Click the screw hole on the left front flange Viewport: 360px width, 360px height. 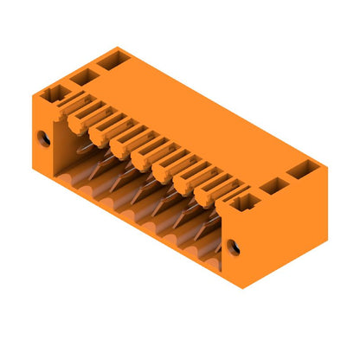coord(41,138)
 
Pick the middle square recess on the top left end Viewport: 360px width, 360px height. coord(83,76)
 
